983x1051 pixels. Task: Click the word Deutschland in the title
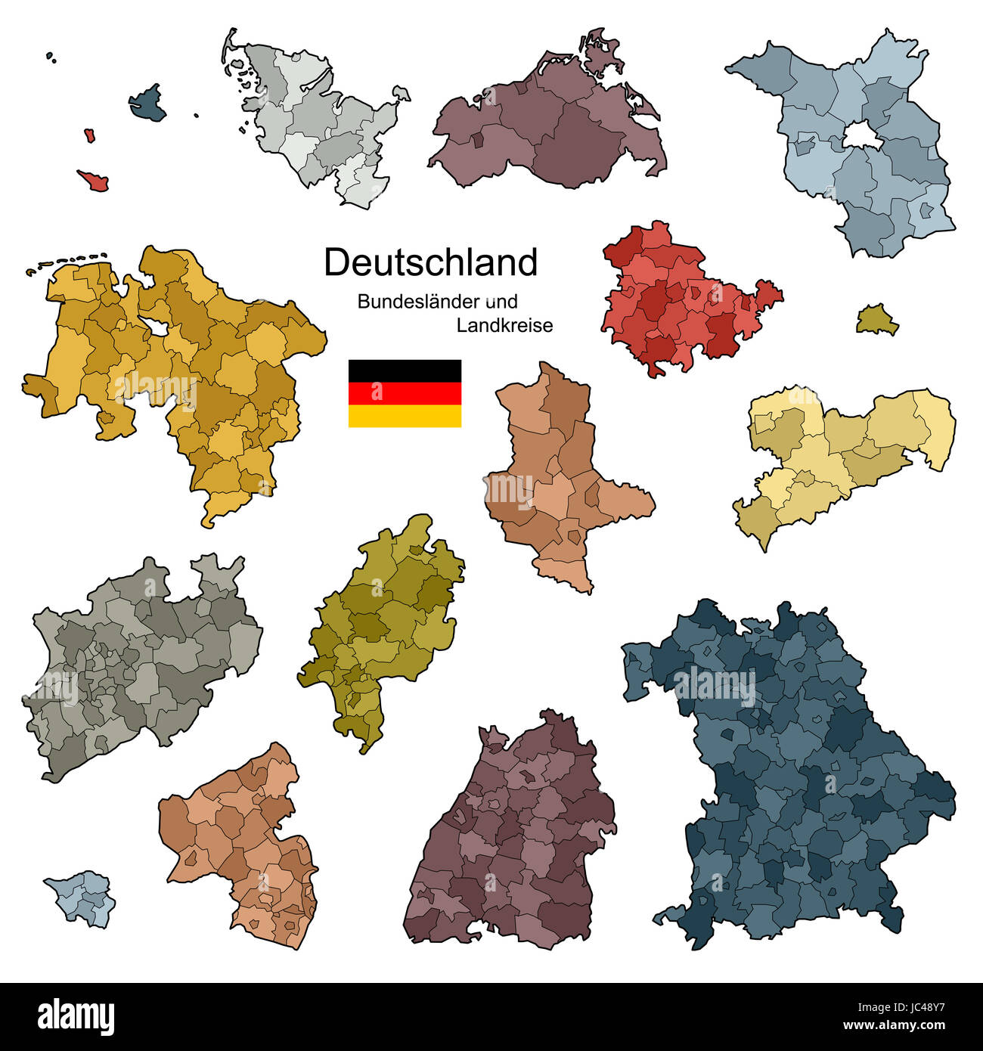[x=430, y=262]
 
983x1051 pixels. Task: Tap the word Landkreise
[x=504, y=326]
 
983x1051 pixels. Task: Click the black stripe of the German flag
[x=405, y=370]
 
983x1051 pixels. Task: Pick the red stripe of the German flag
[x=405, y=393]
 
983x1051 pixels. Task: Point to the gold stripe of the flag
[x=405, y=416]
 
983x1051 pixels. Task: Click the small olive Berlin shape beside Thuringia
[x=877, y=321]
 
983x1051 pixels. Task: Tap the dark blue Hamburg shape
[x=148, y=104]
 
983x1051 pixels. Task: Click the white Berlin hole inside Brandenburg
[x=858, y=137]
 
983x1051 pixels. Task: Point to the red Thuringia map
[x=681, y=302]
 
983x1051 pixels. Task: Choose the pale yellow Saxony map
[x=839, y=454]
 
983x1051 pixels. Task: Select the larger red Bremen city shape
[x=94, y=181]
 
